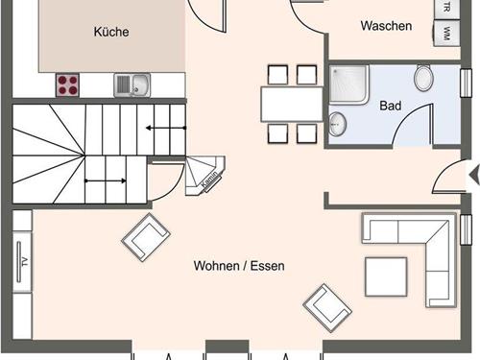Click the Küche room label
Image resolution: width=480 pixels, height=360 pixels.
(111, 32)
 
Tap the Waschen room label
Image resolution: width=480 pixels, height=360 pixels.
(386, 26)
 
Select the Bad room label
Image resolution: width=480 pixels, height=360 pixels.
(391, 106)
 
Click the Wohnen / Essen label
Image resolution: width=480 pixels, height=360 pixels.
(239, 266)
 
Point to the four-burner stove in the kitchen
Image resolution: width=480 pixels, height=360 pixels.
(67, 85)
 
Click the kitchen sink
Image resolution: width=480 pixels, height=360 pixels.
(132, 85)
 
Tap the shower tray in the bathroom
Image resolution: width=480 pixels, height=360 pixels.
(349, 84)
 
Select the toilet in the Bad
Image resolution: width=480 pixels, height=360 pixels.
(423, 78)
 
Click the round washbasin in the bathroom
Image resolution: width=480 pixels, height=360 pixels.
(338, 123)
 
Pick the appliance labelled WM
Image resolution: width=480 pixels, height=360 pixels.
(447, 34)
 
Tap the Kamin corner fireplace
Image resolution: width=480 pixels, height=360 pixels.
(204, 176)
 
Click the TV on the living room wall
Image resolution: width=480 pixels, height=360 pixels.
(22, 262)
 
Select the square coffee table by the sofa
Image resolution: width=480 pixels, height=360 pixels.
(386, 276)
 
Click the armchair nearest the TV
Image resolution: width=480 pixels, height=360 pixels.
(146, 237)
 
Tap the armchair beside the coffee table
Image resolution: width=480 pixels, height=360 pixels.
(327, 308)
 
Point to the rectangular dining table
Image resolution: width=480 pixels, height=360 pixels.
(292, 105)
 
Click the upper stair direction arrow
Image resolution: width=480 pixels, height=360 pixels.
(166, 128)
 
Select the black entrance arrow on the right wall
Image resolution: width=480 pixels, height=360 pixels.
(474, 176)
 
